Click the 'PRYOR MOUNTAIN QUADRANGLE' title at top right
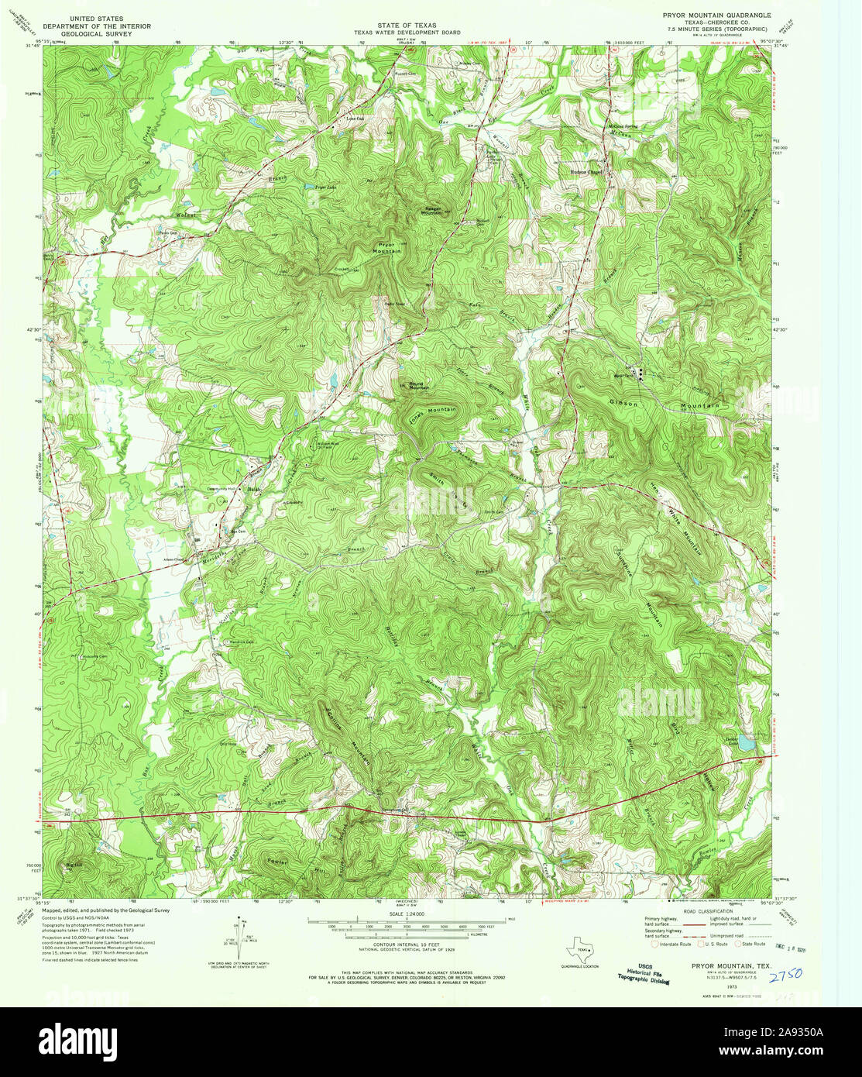pyautogui.click(x=716, y=15)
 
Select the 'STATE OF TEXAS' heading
pyautogui.click(x=407, y=26)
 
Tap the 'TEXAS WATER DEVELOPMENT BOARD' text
pyautogui.click(x=407, y=33)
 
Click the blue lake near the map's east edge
pyautogui.click(x=745, y=743)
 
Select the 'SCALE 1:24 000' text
pyautogui.click(x=405, y=915)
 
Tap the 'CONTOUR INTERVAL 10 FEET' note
pyautogui.click(x=406, y=947)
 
